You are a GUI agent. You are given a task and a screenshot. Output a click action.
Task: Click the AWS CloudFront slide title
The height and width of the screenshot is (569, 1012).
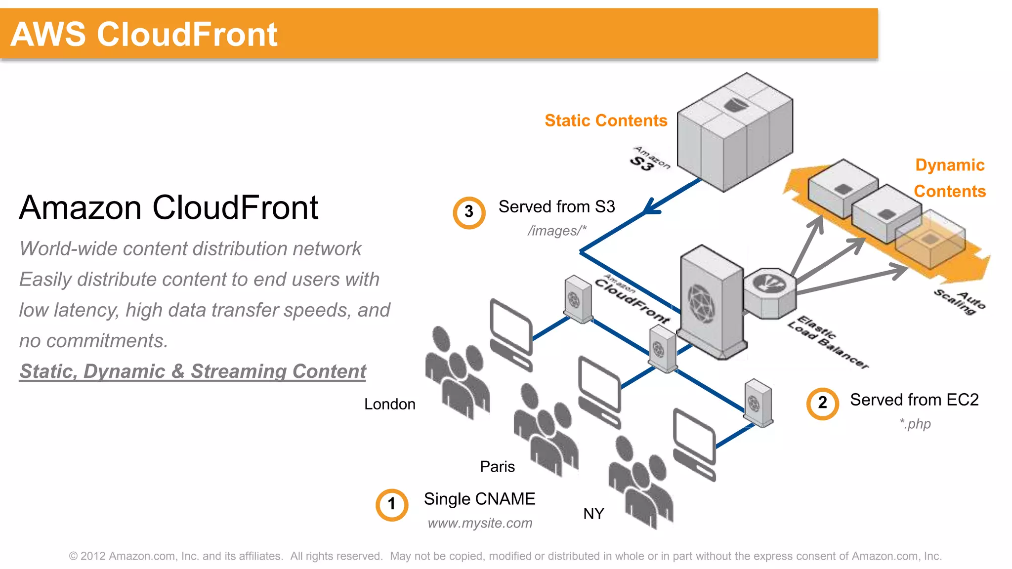[144, 35]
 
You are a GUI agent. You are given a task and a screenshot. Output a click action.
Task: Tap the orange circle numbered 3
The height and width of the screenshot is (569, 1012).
[469, 212]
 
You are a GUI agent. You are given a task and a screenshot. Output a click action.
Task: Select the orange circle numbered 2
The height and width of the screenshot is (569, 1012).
[822, 403]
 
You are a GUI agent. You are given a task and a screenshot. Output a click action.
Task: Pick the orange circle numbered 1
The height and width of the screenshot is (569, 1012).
[391, 505]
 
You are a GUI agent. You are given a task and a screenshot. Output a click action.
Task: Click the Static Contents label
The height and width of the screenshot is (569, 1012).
[606, 121]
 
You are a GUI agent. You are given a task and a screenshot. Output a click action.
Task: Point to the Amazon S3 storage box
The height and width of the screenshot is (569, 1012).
[734, 132]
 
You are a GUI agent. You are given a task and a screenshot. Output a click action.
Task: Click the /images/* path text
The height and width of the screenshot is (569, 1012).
[557, 231]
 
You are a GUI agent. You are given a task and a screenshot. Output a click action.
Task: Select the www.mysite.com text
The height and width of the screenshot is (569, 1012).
[480, 523]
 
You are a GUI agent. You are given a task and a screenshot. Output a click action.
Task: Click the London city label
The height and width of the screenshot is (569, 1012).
[389, 404]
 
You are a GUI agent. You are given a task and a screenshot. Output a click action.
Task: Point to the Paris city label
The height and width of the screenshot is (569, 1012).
[497, 467]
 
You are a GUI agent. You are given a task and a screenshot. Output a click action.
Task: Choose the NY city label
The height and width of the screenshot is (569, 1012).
[593, 514]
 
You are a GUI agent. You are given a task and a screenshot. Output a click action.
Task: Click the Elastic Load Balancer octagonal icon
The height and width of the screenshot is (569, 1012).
[769, 293]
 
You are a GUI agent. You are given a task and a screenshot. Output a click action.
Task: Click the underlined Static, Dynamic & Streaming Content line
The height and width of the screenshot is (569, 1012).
[193, 371]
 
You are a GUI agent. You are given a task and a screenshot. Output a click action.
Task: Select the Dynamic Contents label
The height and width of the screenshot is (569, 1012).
[949, 178]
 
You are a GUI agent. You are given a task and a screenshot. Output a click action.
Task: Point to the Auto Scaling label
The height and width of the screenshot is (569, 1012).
[959, 302]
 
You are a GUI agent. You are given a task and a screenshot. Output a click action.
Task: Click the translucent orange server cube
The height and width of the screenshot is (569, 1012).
[930, 240]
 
